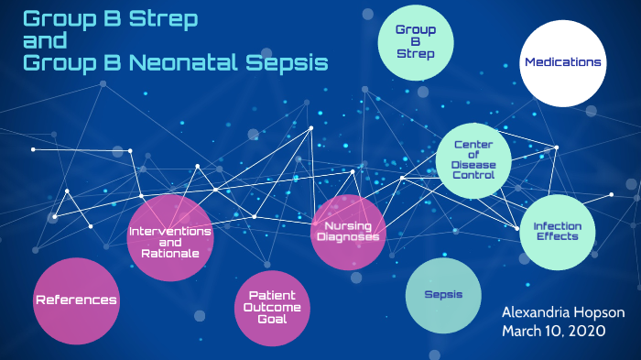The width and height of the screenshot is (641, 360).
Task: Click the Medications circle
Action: point(563,62)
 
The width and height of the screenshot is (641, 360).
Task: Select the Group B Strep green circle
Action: point(415,42)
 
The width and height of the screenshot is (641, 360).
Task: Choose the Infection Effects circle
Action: point(556,232)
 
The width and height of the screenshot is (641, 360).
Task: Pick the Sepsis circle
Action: point(443,295)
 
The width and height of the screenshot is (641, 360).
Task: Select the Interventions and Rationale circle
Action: point(170,238)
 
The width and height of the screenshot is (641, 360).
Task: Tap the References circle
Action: point(76,300)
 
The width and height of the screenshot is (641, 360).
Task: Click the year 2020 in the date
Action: point(587,331)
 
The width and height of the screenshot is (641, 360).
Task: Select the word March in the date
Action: point(522,331)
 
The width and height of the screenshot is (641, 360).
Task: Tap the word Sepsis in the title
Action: point(285,62)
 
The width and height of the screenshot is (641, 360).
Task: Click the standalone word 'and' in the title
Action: point(44,41)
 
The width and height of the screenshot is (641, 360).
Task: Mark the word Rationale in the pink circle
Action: point(170,252)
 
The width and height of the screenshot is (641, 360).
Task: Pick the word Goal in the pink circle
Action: point(274,319)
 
